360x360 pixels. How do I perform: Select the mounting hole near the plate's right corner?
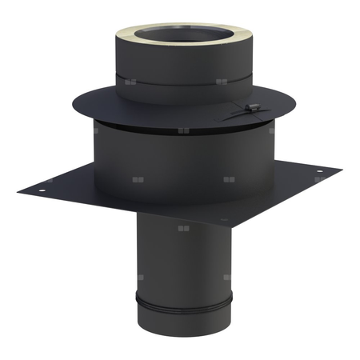318,174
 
